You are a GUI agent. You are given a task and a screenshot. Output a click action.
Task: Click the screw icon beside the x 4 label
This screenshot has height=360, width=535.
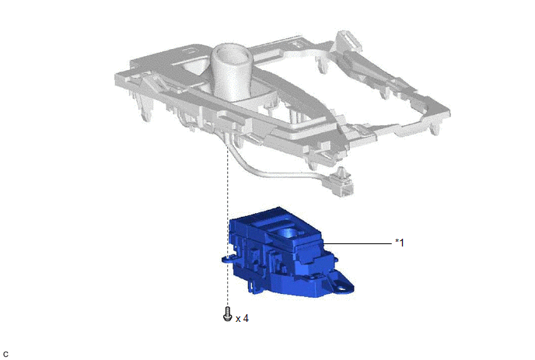tap(227, 314)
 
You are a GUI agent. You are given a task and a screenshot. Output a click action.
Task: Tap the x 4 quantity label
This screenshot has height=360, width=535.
tap(242, 318)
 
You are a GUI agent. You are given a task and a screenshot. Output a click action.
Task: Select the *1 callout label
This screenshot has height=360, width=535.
tap(400, 243)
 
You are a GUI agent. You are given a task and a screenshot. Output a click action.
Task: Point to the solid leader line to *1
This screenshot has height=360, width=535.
tap(357, 243)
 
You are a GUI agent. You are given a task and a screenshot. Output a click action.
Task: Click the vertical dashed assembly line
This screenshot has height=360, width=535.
tap(227, 225)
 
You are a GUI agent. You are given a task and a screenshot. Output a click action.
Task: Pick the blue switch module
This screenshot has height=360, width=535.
tap(288, 252)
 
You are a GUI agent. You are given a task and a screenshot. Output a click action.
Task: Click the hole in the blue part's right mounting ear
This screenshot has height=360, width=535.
tap(341, 289)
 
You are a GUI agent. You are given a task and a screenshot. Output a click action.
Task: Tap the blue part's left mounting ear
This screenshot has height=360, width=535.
tap(229, 259)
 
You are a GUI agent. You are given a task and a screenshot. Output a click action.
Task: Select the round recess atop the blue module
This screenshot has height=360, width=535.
tap(287, 232)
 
